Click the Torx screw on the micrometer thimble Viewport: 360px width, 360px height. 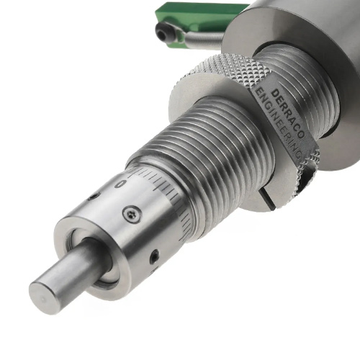tap(131, 213)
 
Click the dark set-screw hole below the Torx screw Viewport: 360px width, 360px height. tap(154, 256)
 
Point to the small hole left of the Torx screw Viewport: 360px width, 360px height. tap(93, 197)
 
